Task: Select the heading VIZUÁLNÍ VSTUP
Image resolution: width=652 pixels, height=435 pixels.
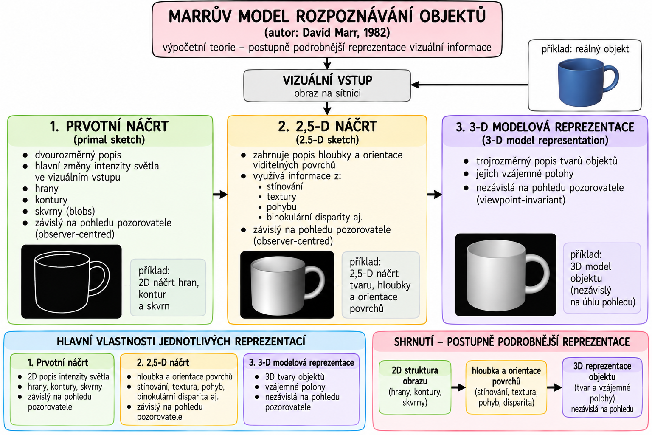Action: [327, 80]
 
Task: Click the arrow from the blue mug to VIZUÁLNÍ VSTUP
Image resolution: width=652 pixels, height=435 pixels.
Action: [469, 85]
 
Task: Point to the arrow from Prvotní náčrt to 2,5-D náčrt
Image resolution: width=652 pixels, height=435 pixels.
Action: [220, 194]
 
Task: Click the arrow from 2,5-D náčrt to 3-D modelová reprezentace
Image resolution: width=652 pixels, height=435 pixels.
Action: [435, 194]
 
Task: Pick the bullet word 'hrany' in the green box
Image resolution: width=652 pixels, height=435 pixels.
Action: [47, 189]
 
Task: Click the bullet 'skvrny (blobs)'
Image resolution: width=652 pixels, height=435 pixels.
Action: [65, 211]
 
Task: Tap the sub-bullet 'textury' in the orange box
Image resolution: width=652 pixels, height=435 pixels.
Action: [281, 197]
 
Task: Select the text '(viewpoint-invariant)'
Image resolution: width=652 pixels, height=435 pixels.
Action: [521, 200]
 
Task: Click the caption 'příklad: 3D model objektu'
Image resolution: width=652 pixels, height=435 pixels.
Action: [590, 266]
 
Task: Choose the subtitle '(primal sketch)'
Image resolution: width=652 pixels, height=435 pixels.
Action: [109, 140]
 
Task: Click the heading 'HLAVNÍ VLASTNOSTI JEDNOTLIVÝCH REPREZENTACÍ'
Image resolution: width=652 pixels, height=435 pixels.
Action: [181, 341]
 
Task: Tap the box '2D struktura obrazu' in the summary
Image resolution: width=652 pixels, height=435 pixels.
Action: [415, 387]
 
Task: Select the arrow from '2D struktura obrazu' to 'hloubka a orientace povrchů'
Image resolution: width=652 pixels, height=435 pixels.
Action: [458, 387]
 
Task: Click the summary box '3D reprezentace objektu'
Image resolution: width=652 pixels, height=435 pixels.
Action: [602, 387]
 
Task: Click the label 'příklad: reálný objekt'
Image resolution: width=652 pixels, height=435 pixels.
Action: [585, 49]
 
